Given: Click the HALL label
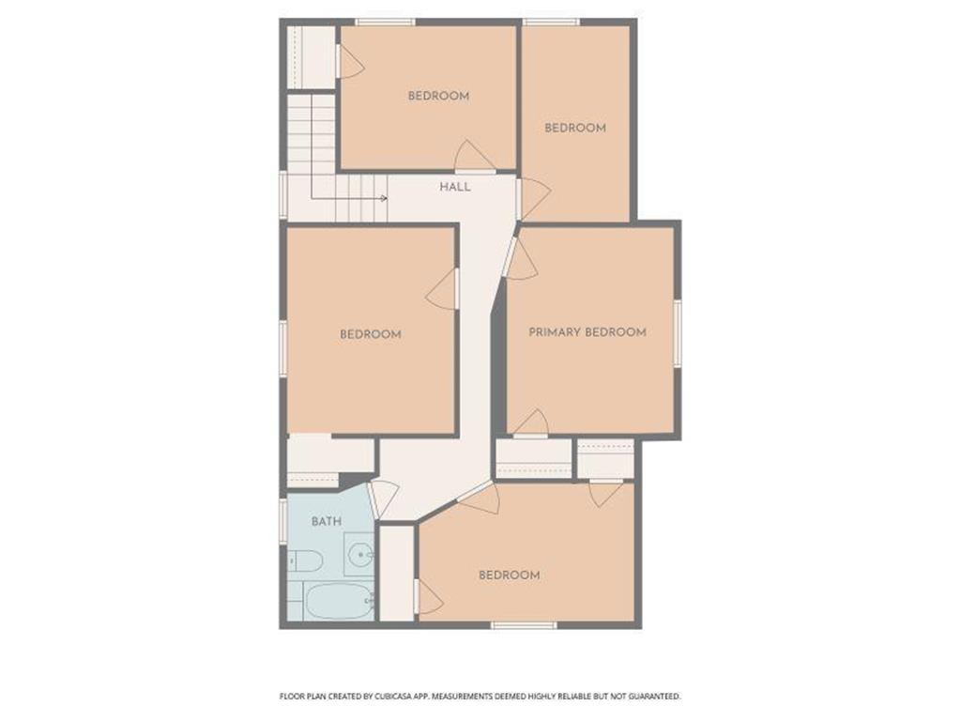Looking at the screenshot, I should (455, 187).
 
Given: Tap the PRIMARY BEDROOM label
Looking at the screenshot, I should (587, 332).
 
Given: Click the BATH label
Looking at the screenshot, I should (327, 521).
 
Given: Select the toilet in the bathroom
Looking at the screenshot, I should (305, 562).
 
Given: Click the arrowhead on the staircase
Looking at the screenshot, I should (383, 198).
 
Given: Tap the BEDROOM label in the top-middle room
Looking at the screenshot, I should (438, 96).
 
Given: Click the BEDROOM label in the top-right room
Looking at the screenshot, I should (575, 128).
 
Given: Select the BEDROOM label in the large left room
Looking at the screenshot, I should (371, 334).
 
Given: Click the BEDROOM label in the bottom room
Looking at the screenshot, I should (510, 575).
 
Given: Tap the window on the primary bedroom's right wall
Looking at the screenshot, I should (677, 333).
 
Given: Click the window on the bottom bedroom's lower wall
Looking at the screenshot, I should (525, 624).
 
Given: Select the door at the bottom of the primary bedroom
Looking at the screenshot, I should (532, 424).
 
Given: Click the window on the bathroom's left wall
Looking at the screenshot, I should (282, 521).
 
